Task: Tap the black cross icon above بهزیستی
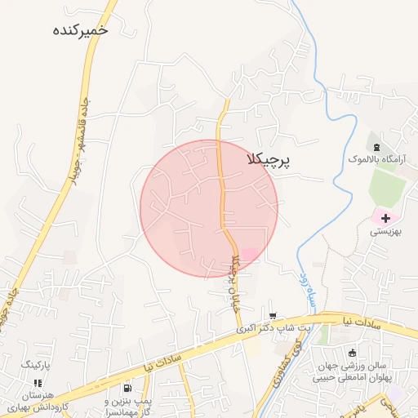pyautogui.click(x=385, y=218)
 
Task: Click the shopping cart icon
pyautogui.click(x=272, y=316)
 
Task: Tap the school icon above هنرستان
pyautogui.click(x=38, y=382)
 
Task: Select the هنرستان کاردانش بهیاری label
pyautogui.click(x=39, y=401)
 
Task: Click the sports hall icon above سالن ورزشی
pyautogui.click(x=352, y=353)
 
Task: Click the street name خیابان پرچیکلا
pyautogui.click(x=235, y=277)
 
